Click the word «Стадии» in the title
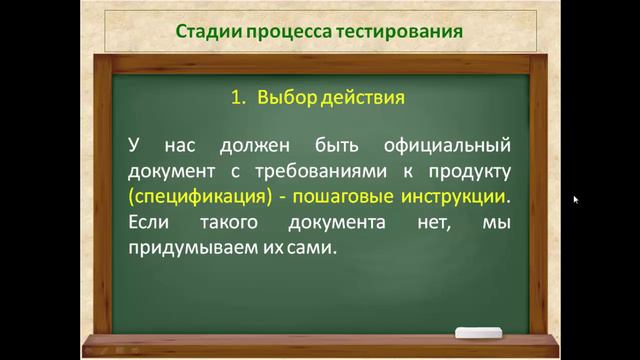tap(204, 30)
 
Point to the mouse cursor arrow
tap(575, 199)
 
